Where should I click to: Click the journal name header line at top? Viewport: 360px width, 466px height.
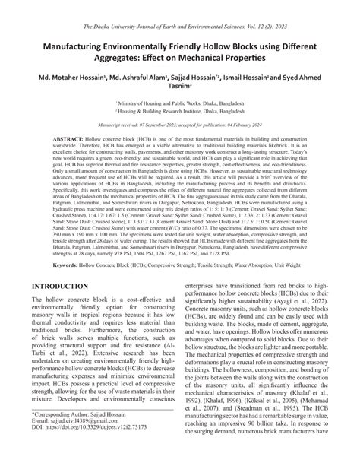(x=180, y=7)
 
